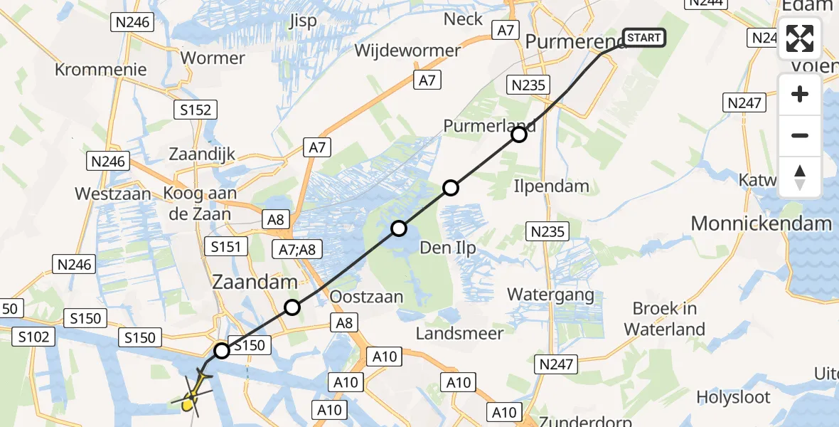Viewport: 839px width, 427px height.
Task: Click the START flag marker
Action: click(x=644, y=37)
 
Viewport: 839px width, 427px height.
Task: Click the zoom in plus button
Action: click(x=800, y=94)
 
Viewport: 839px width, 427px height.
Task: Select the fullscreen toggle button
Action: click(x=800, y=38)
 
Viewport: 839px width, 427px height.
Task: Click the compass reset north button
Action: click(x=800, y=176)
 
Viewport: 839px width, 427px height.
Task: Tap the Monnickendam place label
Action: click(x=761, y=223)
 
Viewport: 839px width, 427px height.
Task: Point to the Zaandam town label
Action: click(x=255, y=283)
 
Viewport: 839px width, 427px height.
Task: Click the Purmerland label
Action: click(x=489, y=126)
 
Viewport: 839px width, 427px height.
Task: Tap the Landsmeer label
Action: click(x=459, y=332)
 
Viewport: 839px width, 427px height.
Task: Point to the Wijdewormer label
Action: click(x=407, y=51)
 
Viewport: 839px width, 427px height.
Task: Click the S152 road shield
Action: click(x=196, y=110)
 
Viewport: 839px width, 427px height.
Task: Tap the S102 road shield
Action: click(x=33, y=337)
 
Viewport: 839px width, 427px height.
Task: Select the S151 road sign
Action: click(x=226, y=247)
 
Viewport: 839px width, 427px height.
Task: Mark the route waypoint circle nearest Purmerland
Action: click(x=519, y=134)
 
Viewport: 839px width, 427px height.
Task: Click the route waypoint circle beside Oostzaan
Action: click(x=292, y=307)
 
